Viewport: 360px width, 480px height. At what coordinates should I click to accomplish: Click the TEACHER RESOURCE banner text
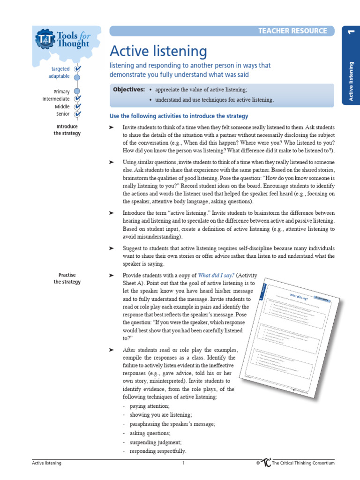(x=292, y=31)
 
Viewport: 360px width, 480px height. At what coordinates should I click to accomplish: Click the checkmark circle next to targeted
(x=77, y=69)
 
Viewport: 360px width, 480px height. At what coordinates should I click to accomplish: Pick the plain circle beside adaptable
(x=77, y=76)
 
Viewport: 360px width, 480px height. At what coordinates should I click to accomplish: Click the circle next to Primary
(x=77, y=91)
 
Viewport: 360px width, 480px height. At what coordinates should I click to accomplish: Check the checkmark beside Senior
(x=77, y=114)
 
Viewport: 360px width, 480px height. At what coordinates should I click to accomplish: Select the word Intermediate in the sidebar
(x=56, y=99)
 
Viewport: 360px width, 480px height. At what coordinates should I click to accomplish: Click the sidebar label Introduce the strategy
(x=67, y=130)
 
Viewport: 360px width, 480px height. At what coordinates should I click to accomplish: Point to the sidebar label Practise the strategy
(x=67, y=278)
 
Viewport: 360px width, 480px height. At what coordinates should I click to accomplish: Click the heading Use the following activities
(x=179, y=116)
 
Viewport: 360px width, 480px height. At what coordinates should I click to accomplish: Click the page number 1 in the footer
(x=184, y=463)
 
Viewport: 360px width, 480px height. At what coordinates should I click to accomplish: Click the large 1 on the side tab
(x=350, y=32)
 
